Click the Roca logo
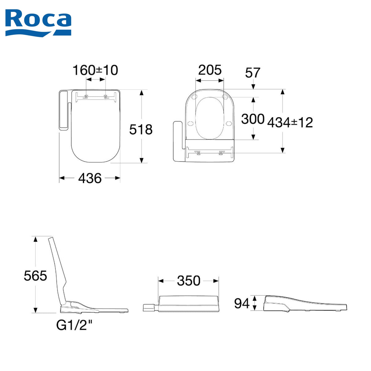click(x=38, y=23)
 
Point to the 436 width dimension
click(x=90, y=178)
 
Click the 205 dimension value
click(x=210, y=70)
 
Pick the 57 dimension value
click(x=253, y=73)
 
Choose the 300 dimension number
click(x=253, y=119)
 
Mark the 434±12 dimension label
click(x=290, y=122)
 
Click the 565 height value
click(x=35, y=276)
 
